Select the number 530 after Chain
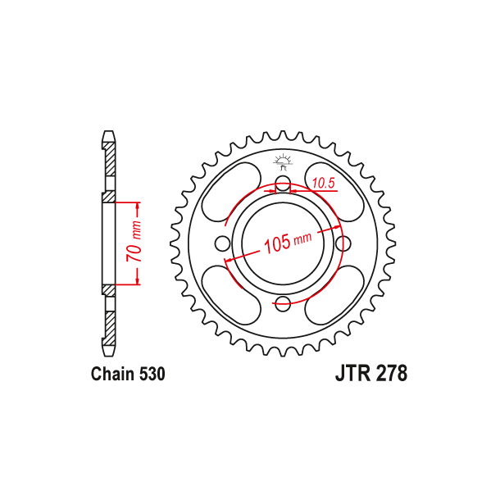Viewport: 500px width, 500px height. click(x=152, y=375)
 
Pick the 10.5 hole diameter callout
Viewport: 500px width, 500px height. click(x=321, y=184)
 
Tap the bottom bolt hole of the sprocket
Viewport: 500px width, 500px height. click(x=283, y=304)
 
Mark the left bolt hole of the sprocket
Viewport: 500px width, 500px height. click(x=221, y=243)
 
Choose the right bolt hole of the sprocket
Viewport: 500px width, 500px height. click(x=344, y=243)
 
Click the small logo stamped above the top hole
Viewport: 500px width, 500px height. click(x=283, y=161)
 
